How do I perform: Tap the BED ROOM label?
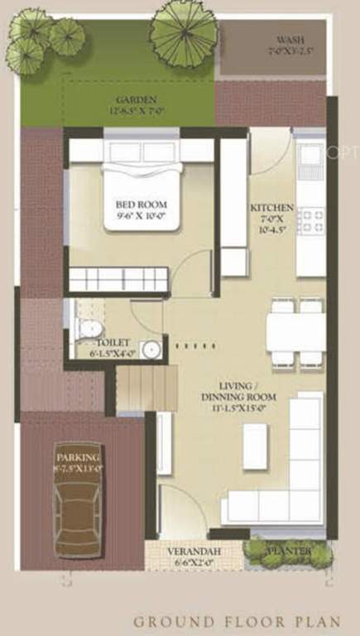141,205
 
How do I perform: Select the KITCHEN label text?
272,208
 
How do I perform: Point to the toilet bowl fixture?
86,329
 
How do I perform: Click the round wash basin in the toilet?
151,349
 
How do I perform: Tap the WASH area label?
290,40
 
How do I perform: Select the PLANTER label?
288,551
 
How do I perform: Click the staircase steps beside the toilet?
146,389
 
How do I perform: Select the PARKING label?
78,458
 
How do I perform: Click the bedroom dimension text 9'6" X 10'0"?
141,218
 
